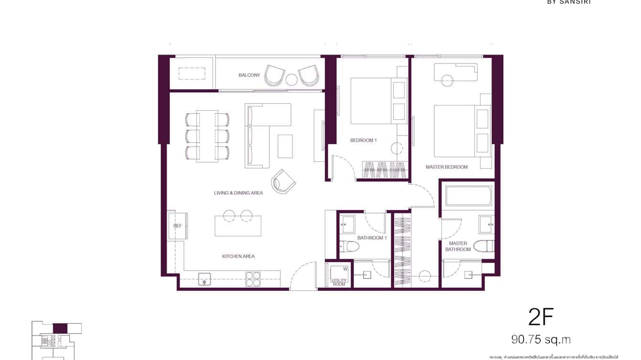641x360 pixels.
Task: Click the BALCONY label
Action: click(249, 75)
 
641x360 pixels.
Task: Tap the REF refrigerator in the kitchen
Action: click(178, 226)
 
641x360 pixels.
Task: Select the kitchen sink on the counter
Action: click(204, 279)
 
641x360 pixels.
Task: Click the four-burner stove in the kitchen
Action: click(253, 279)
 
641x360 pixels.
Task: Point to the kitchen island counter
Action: click(238, 226)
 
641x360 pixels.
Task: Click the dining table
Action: click(207, 136)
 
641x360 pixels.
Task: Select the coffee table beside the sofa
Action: click(285, 146)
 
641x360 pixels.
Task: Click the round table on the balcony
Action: click(292, 80)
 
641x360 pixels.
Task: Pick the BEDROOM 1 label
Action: click(363, 140)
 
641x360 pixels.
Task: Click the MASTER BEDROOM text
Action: click(447, 167)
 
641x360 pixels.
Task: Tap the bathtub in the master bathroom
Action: click(468, 196)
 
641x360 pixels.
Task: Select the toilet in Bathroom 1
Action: click(351, 247)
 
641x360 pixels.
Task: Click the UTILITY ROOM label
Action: click(339, 282)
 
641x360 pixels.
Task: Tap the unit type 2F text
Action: click(541, 317)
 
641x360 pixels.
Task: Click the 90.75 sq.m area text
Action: click(541, 339)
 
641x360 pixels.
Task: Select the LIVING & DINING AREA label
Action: click(238, 193)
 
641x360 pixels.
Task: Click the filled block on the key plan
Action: click(60, 328)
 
